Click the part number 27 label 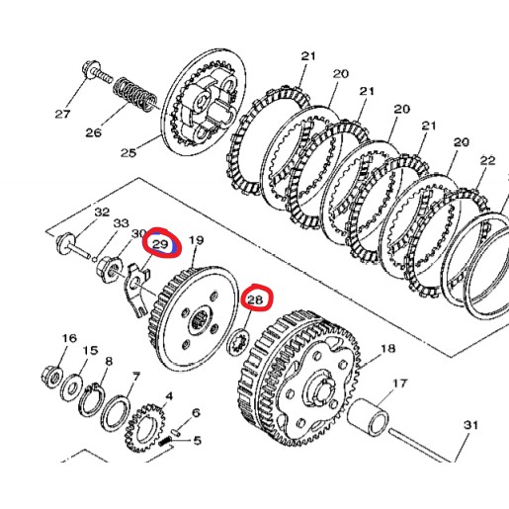click(x=62, y=114)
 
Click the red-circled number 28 click(x=256, y=299)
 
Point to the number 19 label click(x=196, y=240)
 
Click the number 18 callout click(x=387, y=349)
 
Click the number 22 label click(x=487, y=160)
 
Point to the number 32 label click(x=102, y=212)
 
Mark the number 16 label click(x=68, y=339)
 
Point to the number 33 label click(x=122, y=223)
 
